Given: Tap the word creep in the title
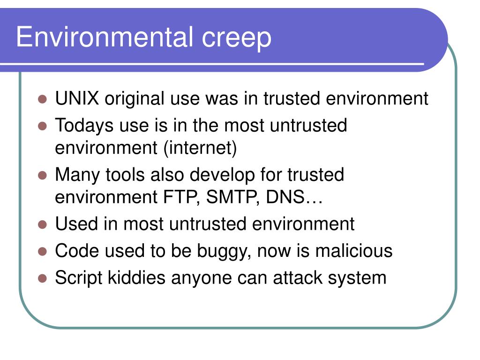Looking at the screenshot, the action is pos(236,39).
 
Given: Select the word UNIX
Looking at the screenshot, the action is pos(77,98).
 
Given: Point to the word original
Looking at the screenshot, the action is pos(135,99).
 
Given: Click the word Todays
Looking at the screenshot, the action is pos(84,126).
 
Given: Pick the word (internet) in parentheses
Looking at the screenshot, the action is pos(200,148).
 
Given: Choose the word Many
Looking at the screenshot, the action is pos(77,175).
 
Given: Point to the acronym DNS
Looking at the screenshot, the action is pos(285,197).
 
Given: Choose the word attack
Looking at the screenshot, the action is pos(298,277).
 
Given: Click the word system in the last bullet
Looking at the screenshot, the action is pos(357,278).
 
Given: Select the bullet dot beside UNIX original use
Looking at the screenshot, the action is pos(42,99).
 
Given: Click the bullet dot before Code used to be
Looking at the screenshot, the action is pos(42,252).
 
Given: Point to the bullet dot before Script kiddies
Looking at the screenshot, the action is pos(42,278).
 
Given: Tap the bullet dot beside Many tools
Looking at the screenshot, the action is pos(42,176).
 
